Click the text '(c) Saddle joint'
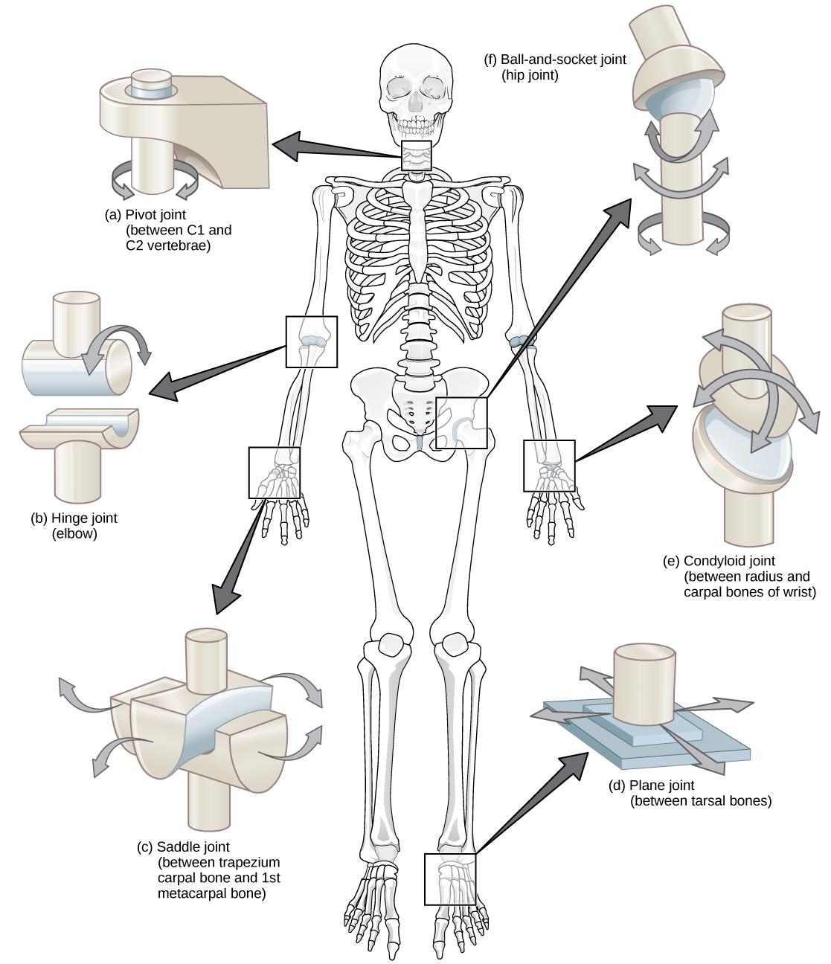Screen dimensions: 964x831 click(183, 846)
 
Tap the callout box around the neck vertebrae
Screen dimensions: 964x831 click(416, 156)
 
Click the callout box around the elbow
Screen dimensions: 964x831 click(311, 341)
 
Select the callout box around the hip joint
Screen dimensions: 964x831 click(461, 422)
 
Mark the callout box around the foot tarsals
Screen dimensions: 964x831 click(449, 878)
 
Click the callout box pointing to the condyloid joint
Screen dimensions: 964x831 click(549, 466)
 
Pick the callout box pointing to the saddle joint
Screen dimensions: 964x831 click(274, 472)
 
